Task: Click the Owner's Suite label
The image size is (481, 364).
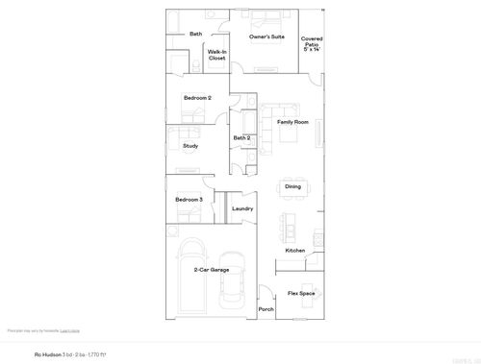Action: (266, 36)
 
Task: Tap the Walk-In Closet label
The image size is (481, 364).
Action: (216, 55)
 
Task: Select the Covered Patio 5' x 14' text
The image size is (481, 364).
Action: (312, 43)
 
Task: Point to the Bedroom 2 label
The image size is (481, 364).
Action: (197, 98)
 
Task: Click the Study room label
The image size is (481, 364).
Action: (190, 146)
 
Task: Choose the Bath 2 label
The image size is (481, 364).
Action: (241, 138)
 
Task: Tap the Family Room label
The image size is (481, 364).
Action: (292, 123)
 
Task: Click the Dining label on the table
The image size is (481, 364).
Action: (292, 186)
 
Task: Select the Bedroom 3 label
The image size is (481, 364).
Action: (189, 200)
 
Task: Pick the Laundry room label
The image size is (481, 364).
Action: (242, 208)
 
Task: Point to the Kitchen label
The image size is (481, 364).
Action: (294, 251)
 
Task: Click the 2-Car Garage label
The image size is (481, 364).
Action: (211, 270)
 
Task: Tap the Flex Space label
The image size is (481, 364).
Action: (302, 293)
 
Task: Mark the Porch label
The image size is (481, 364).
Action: (266, 309)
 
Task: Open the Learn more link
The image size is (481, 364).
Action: (69, 330)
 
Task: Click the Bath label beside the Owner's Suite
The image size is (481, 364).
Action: (195, 34)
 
